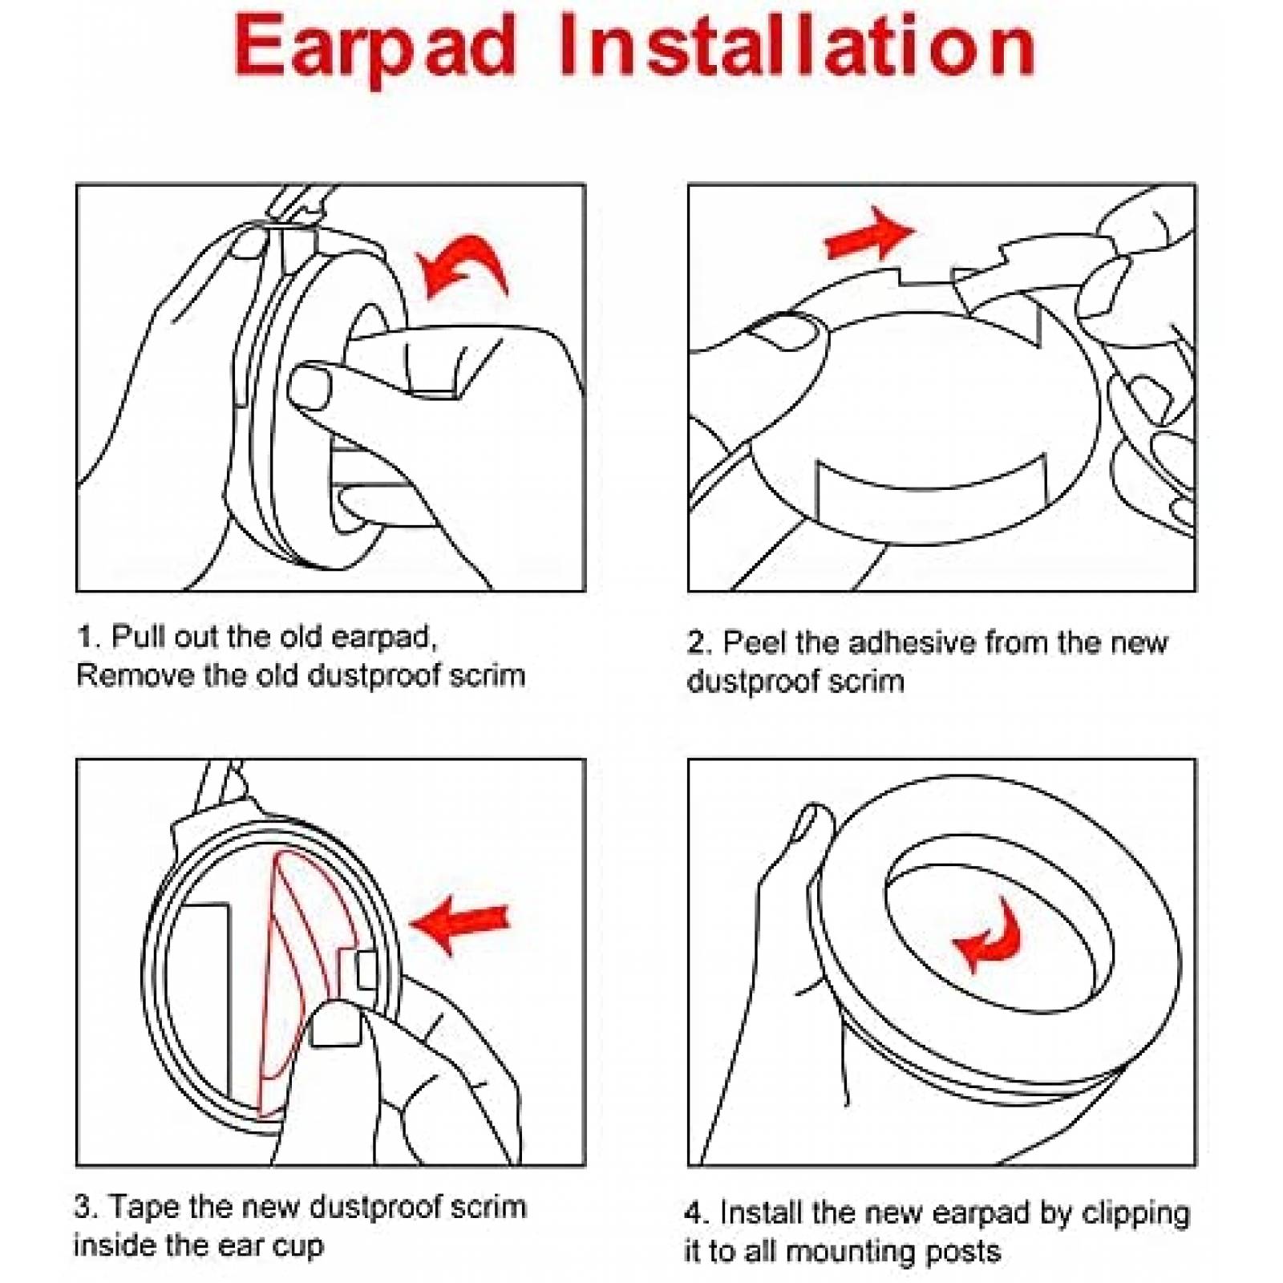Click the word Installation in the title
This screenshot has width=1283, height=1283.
tap(796, 45)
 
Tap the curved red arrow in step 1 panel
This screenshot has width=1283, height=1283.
tap(463, 266)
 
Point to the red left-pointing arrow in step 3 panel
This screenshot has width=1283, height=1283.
tap(459, 925)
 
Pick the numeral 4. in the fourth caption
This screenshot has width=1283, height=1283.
tap(698, 1212)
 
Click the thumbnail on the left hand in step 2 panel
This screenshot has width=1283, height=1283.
tap(787, 331)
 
